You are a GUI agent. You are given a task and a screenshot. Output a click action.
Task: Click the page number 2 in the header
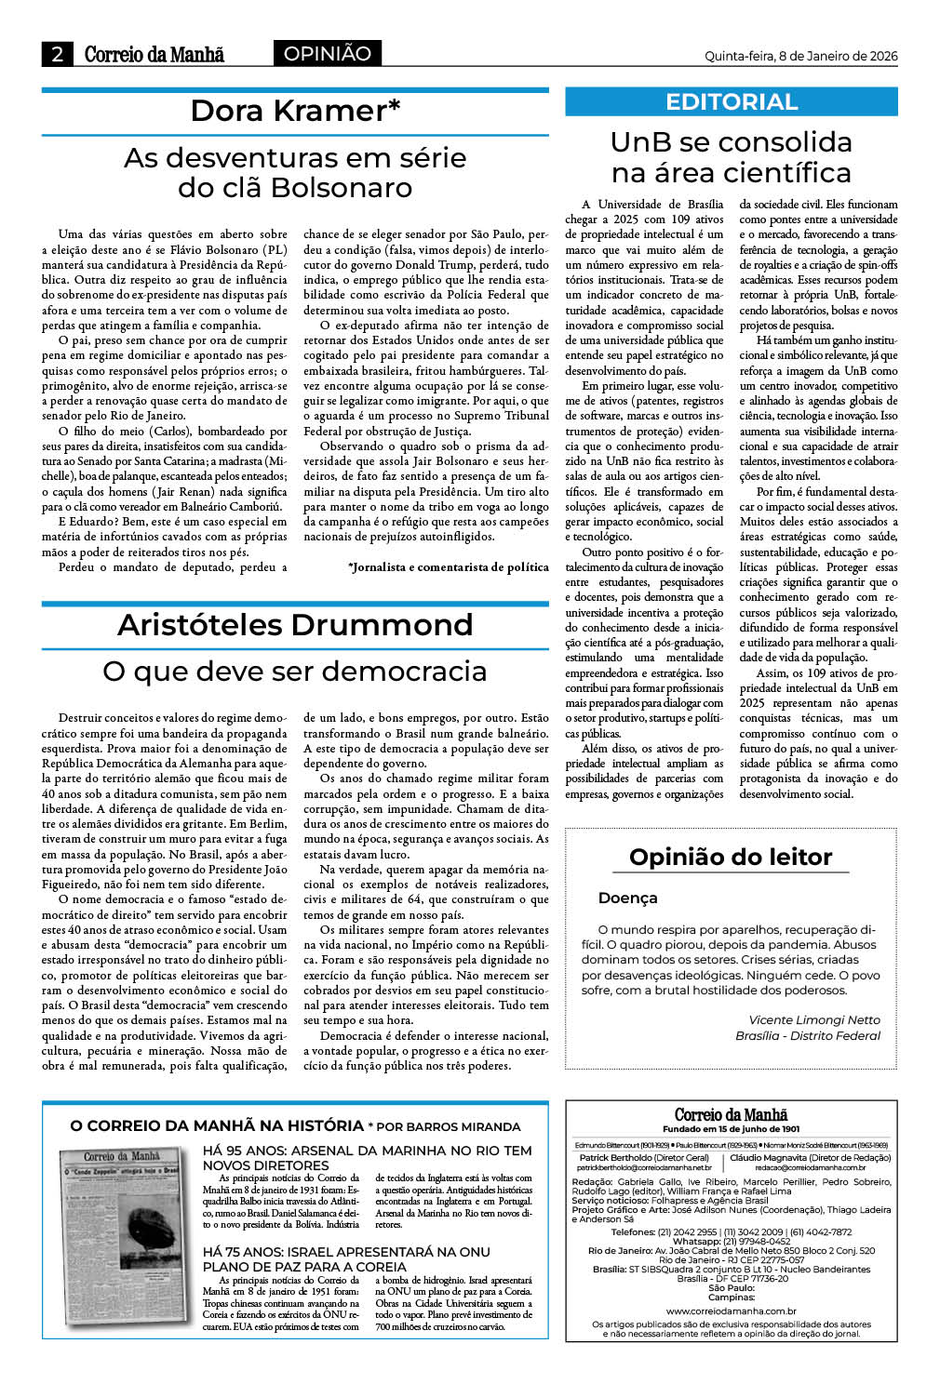pos(57,54)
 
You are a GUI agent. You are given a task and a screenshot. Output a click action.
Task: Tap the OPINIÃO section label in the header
pos(327,54)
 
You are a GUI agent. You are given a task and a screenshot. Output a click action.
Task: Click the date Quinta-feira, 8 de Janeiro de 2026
pos(800,56)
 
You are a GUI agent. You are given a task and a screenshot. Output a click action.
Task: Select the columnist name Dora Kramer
pos(295,111)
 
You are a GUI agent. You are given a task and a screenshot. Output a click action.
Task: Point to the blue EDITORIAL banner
pos(732,102)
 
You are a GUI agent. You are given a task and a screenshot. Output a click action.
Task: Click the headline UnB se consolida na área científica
pos(732,157)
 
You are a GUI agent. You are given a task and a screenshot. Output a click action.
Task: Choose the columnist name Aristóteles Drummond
pos(295,625)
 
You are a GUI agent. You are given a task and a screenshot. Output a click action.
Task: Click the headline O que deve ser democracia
pos(295,671)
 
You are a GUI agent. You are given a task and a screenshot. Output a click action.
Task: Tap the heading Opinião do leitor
pos(731,857)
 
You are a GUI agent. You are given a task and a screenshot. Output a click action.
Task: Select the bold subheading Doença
pos(628,898)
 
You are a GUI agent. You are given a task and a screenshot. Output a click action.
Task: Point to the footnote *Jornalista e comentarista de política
pos(448,566)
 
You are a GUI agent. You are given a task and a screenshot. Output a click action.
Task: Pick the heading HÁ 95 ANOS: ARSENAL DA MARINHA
pos(367,1157)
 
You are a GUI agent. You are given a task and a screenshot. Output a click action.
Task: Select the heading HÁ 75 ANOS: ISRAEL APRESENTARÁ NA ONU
pos(345,1258)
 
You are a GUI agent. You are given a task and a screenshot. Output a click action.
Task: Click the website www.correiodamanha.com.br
pos(731,1311)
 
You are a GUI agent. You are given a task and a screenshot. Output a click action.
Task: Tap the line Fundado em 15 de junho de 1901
pos(731,1129)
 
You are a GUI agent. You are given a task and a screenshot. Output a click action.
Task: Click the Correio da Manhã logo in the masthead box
pos(731,1114)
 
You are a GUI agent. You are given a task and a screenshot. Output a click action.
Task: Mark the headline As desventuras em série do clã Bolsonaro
pos(295,172)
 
